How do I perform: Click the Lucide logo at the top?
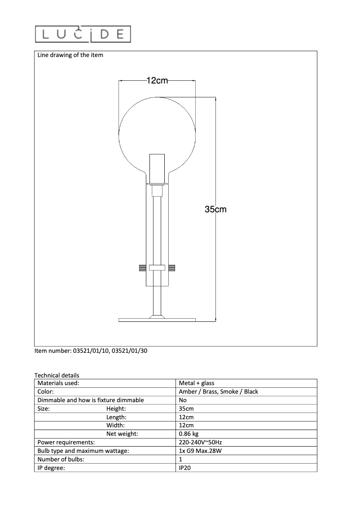tap(83, 35)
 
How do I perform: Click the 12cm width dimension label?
tap(157, 81)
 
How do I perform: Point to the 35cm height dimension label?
tap(215, 209)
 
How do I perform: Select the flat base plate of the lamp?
tap(157, 320)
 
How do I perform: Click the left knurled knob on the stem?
tap(142, 268)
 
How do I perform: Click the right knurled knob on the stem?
tap(172, 268)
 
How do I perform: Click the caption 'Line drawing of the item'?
tap(70, 55)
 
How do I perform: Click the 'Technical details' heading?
tap(57, 375)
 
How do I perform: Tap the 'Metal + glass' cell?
tap(197, 383)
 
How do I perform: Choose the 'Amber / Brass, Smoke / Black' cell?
tap(218, 392)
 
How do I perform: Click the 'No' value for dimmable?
tap(183, 400)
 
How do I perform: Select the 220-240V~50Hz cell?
tap(200, 443)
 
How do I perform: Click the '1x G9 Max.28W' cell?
tap(200, 451)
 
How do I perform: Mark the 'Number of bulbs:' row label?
tap(61, 460)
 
